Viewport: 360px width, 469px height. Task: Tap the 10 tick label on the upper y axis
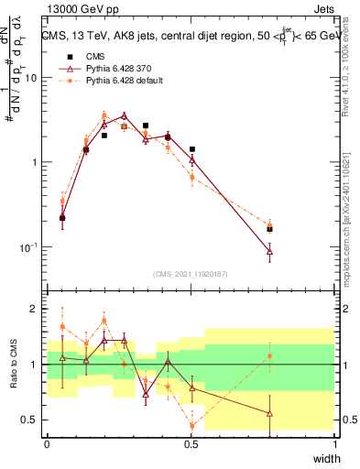(32, 78)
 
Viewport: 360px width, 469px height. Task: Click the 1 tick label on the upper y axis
(35, 163)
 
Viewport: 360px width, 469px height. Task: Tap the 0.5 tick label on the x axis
(191, 443)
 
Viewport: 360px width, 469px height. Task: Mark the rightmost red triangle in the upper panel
(269, 250)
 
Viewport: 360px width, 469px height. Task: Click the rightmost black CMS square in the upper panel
(269, 229)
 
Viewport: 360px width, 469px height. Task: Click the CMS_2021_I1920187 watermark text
(191, 274)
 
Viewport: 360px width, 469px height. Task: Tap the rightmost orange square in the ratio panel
(269, 356)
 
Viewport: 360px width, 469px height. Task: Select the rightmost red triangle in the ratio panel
(269, 413)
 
